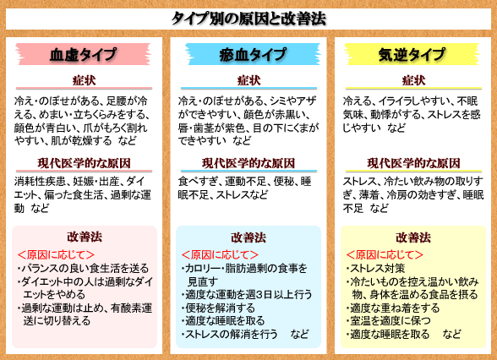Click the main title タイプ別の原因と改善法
click(x=248, y=19)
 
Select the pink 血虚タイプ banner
click(x=83, y=54)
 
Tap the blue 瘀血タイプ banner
click(x=253, y=54)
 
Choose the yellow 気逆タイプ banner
click(x=412, y=54)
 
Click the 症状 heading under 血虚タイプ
click(x=84, y=80)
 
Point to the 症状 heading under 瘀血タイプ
click(x=248, y=80)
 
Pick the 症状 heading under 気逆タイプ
click(x=413, y=80)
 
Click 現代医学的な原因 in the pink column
click(x=84, y=163)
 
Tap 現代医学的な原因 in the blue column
click(x=248, y=163)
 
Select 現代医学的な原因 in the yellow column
click(x=413, y=163)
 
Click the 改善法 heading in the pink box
click(x=85, y=237)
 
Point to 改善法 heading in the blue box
click(x=248, y=237)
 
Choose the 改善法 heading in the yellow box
click(x=413, y=237)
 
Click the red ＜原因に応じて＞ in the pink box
click(x=56, y=255)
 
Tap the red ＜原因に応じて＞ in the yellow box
click(x=385, y=255)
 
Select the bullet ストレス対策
click(x=375, y=269)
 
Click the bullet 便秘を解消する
click(x=218, y=308)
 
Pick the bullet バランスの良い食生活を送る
click(x=83, y=269)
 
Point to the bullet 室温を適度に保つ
click(x=389, y=321)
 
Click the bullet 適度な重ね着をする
click(x=393, y=308)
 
